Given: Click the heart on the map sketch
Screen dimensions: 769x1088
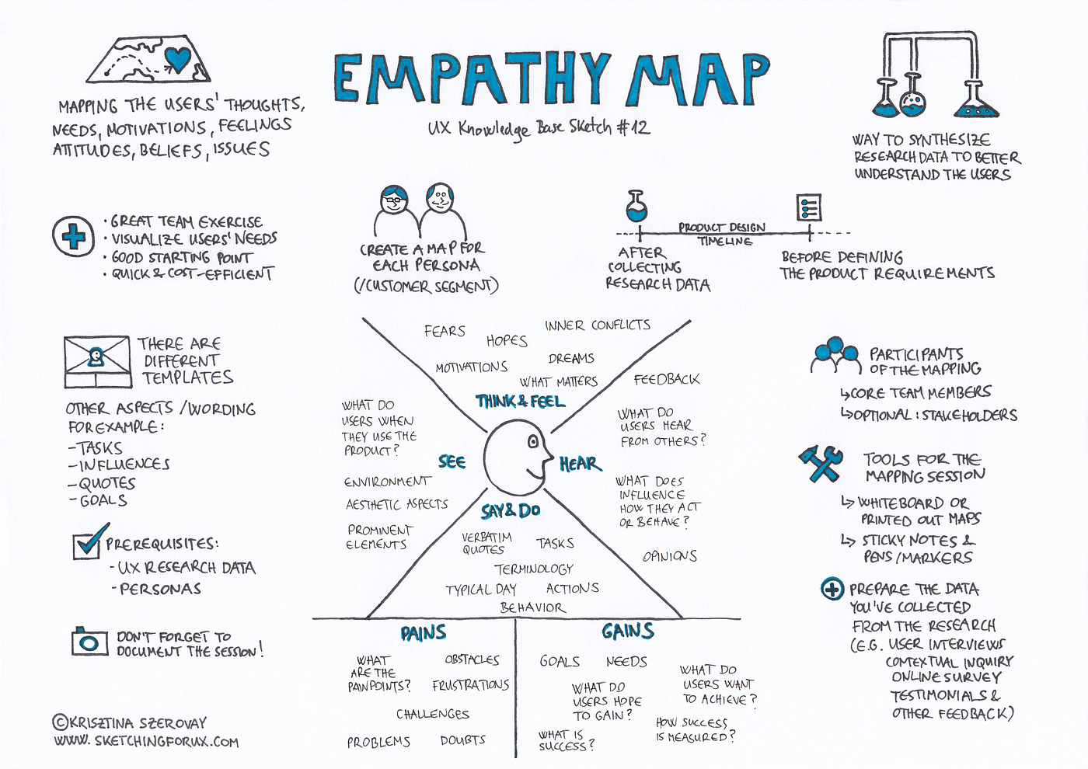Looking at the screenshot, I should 178,58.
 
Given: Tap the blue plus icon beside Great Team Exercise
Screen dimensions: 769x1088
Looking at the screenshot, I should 74,235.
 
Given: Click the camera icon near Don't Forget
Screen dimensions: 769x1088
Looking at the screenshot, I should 89,642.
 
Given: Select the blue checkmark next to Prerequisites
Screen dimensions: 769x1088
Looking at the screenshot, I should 90,541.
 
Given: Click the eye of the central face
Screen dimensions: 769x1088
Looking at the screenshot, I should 533,442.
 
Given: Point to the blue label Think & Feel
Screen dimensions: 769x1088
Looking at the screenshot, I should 520,401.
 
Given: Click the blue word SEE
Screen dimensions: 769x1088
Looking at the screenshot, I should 452,461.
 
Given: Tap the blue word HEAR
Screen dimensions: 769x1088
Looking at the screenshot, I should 580,464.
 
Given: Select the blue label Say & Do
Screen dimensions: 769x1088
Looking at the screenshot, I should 511,510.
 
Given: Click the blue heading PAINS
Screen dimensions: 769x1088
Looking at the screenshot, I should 424,633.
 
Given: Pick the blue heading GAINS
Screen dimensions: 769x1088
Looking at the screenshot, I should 627,632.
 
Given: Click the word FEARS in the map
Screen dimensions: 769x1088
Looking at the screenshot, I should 445,332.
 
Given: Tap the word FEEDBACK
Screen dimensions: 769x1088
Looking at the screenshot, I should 666,379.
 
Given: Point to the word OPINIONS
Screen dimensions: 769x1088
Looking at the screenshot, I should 670,556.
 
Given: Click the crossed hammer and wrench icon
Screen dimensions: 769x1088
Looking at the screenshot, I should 821,464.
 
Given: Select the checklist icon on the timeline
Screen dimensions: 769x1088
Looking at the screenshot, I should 809,207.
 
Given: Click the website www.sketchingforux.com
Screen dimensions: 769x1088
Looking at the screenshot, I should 146,742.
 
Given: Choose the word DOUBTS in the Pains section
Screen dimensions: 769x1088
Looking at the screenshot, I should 463,740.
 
